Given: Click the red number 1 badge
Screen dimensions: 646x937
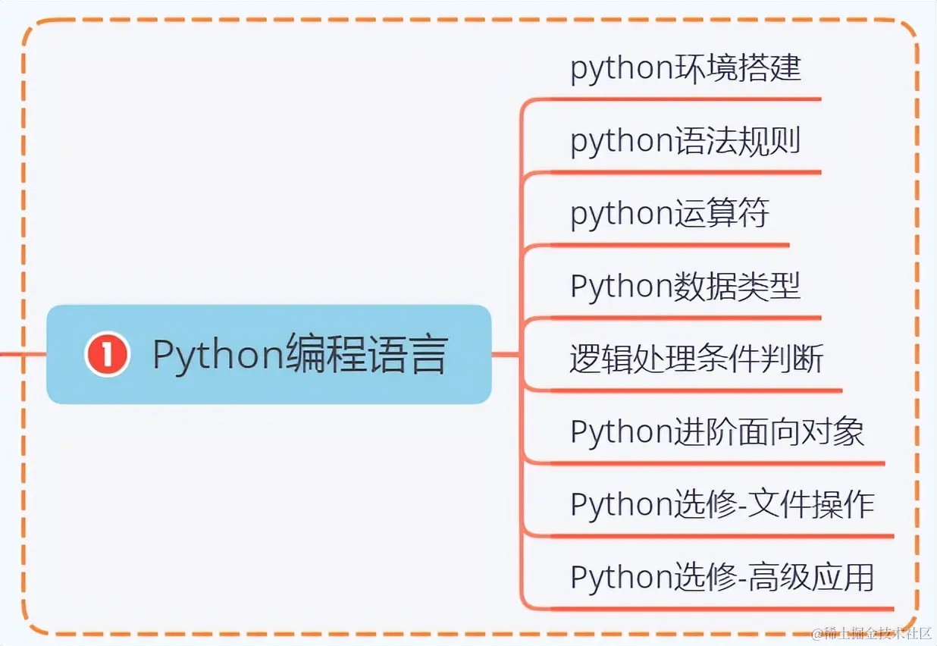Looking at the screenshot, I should click(107, 354).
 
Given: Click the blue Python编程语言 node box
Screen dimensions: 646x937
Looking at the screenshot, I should click(268, 354).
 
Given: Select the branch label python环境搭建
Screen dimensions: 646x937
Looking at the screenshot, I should click(685, 68).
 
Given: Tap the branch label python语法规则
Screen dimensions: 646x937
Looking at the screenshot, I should click(685, 141).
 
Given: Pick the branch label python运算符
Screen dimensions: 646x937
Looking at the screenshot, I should click(669, 214).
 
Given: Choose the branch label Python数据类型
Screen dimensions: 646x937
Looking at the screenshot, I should click(685, 287).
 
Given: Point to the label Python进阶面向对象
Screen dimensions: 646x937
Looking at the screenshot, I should click(717, 432).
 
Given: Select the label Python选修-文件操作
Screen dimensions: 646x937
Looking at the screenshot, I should click(722, 505).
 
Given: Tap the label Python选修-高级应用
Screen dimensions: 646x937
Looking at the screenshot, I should click(722, 578).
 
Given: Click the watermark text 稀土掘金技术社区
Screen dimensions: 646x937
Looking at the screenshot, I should click(872, 634).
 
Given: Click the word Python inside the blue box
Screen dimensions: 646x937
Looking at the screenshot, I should click(218, 354).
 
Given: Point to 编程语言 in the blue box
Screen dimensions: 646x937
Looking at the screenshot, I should click(365, 354).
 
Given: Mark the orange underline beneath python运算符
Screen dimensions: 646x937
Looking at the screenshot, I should click(667, 246).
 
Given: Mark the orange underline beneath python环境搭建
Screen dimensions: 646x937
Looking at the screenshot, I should click(682, 99).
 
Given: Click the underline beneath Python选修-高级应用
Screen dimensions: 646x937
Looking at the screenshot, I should click(720, 609).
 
